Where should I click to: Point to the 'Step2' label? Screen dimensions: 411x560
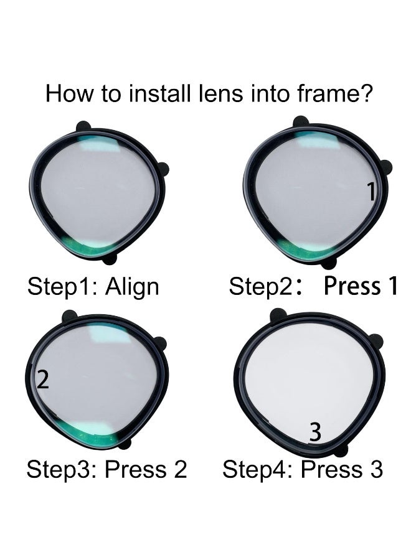tap(261, 287)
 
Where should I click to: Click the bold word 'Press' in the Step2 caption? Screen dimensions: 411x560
tap(352, 286)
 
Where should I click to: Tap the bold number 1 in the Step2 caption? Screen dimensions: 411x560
tap(392, 286)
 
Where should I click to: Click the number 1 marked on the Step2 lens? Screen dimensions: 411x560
tap(372, 191)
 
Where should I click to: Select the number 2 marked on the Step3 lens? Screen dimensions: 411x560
tap(43, 380)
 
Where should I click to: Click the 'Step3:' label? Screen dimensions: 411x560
tap(62, 470)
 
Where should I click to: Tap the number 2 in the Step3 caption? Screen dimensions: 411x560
tap(181, 469)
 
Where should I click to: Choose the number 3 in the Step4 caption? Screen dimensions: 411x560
tap(376, 469)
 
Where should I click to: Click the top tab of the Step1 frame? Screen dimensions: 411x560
tap(83, 126)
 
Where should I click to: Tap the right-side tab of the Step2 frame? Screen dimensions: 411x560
tap(385, 168)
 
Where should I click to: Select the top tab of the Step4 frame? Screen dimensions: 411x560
tap(278, 315)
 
